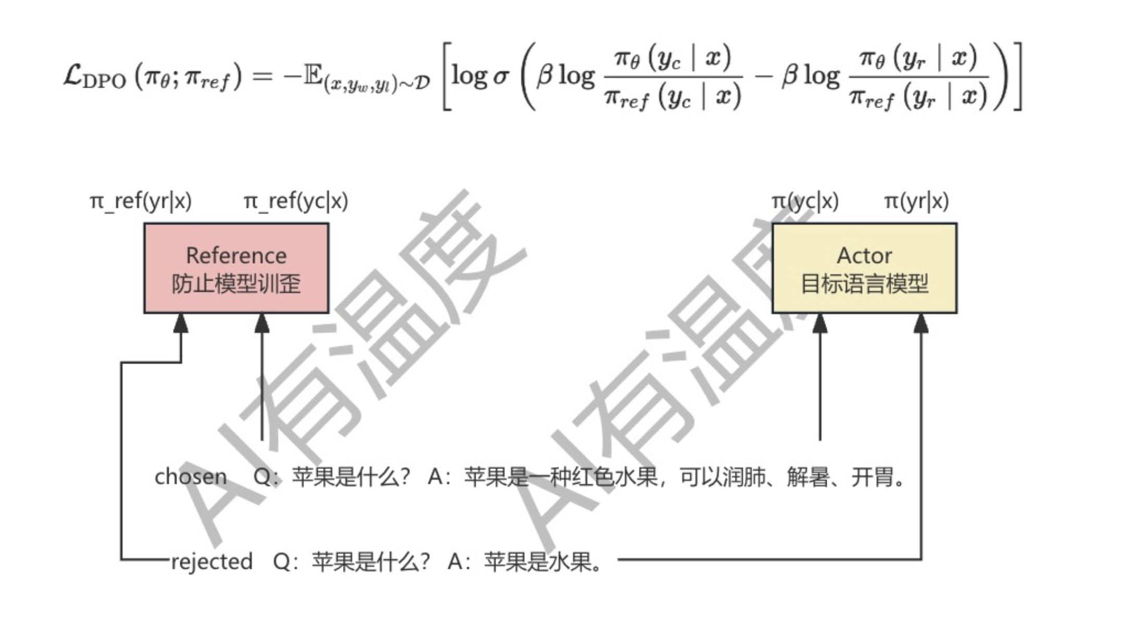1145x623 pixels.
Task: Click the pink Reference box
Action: [236, 268]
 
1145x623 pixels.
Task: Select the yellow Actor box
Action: [864, 268]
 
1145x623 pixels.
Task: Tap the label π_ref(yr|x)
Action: [141, 201]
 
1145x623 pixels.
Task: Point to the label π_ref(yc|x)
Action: [296, 201]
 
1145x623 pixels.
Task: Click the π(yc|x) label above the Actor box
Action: [805, 201]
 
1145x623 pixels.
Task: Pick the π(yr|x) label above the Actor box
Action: [916, 201]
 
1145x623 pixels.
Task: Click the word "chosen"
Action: [191, 477]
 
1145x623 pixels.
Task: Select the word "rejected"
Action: [211, 562]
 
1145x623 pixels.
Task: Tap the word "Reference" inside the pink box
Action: [236, 256]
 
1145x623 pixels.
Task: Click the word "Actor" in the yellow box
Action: [864, 256]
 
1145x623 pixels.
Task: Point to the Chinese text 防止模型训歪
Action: [236, 284]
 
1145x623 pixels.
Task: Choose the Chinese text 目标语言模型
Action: [864, 284]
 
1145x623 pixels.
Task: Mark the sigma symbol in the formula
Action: [500, 77]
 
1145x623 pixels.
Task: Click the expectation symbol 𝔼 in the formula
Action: [313, 76]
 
